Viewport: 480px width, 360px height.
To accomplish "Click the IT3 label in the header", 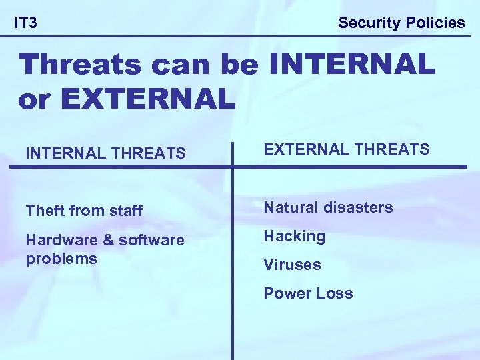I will (26, 23).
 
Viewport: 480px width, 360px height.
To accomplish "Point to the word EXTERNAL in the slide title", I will (148, 99).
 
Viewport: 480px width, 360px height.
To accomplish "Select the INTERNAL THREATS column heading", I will (105, 154).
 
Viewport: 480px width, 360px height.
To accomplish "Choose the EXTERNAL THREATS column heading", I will (347, 149).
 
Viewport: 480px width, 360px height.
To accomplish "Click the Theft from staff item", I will (84, 211).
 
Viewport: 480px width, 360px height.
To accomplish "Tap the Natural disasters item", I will (328, 207).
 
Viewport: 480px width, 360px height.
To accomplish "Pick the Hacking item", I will (294, 236).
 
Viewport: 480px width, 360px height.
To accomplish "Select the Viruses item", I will (292, 265).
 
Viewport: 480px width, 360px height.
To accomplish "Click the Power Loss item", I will (308, 293).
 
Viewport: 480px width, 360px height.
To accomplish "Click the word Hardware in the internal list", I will (58, 239).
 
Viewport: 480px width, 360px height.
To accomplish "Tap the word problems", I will (61, 258).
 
